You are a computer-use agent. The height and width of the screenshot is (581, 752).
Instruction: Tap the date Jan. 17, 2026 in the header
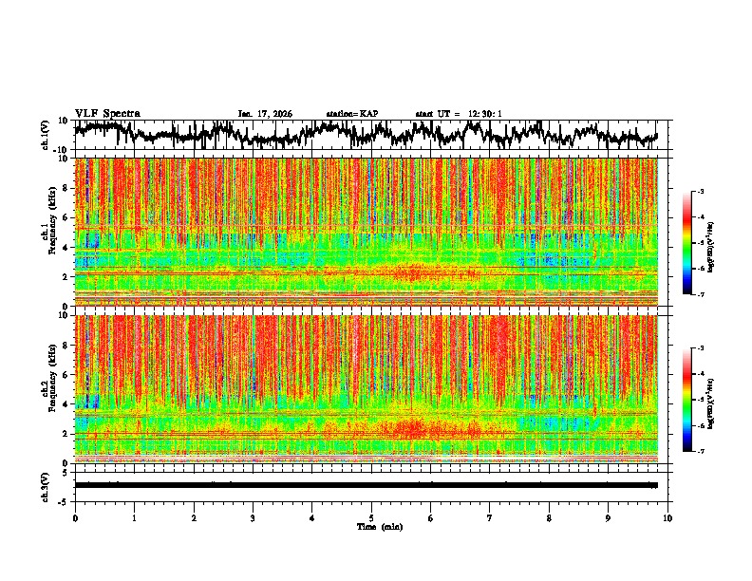pyautogui.click(x=265, y=114)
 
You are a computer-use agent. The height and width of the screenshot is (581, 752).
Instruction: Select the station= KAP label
pyautogui.click(x=351, y=114)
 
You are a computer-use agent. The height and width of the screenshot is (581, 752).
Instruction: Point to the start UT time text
pyautogui.click(x=459, y=114)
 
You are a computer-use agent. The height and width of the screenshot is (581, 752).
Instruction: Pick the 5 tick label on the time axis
pyautogui.click(x=372, y=517)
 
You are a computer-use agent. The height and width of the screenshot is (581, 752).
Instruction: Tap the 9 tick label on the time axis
pyautogui.click(x=609, y=517)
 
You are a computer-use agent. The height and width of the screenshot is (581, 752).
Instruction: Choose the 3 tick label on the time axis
pyautogui.click(x=254, y=517)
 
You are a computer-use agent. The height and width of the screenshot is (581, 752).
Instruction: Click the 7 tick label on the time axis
pyautogui.click(x=490, y=517)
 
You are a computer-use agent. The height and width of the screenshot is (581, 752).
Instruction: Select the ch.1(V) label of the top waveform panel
pyautogui.click(x=46, y=136)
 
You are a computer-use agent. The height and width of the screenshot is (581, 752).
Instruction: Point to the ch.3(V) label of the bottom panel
pyautogui.click(x=46, y=485)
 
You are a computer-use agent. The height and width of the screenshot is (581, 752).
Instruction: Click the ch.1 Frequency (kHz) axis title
pyautogui.click(x=47, y=232)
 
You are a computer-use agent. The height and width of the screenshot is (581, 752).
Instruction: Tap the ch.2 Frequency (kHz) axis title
pyautogui.click(x=47, y=388)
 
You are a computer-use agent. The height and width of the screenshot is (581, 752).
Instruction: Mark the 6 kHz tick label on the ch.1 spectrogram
pyautogui.click(x=66, y=217)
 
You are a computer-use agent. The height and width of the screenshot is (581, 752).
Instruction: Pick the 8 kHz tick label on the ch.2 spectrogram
pyautogui.click(x=66, y=345)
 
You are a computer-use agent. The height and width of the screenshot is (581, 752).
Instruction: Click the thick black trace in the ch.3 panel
pyautogui.click(x=366, y=485)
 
